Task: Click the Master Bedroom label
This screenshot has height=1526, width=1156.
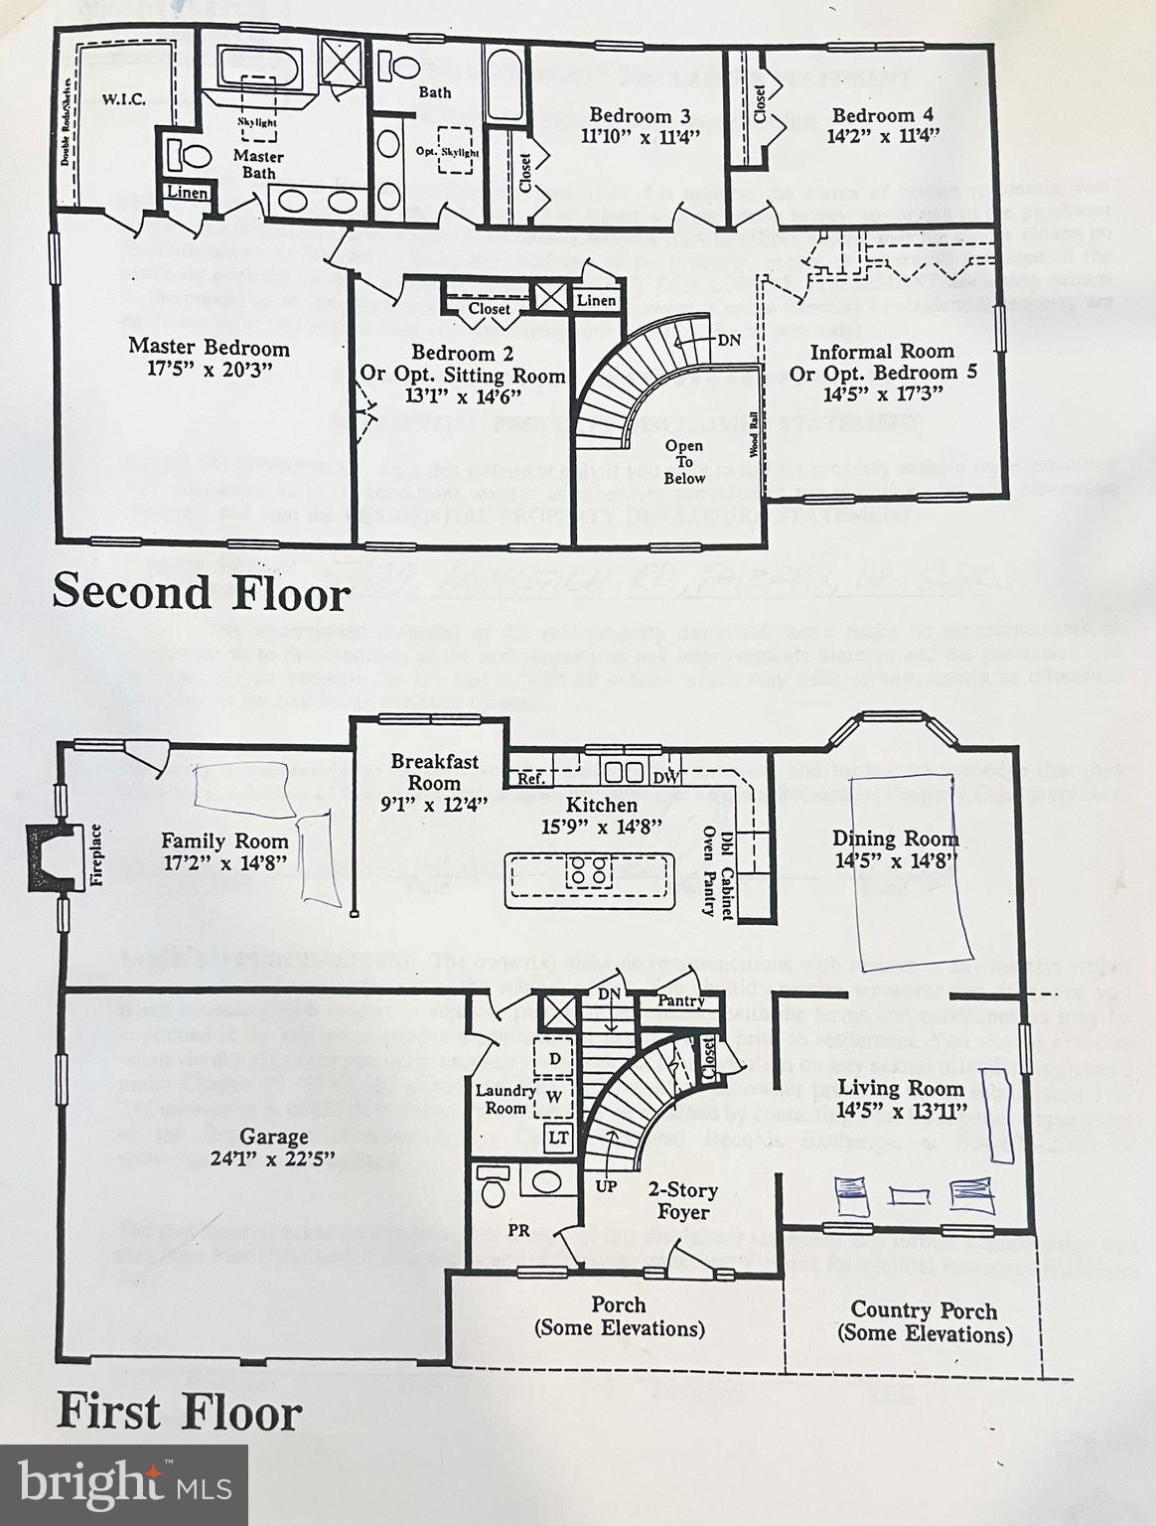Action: point(209,348)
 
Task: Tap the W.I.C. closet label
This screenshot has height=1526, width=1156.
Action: point(123,99)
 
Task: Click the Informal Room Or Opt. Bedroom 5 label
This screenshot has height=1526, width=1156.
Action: point(882,362)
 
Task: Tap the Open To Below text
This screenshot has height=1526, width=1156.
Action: point(684,462)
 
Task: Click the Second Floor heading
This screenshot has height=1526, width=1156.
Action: point(201,593)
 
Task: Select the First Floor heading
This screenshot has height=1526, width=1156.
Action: point(179,1412)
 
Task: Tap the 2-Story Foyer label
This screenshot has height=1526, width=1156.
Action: point(683,1200)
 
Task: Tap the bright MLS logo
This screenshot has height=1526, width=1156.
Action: point(124,1484)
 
